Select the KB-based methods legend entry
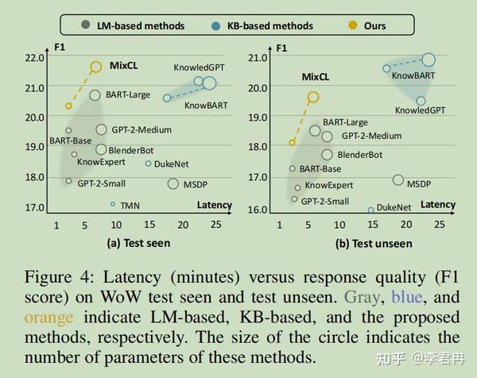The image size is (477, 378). point(258,25)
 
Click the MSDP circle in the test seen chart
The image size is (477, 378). point(173,184)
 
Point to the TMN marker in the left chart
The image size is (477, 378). point(114,204)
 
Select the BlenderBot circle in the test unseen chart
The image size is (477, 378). point(327,155)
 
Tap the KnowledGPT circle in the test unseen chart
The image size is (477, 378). point(421,101)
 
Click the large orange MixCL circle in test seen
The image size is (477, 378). point(96,67)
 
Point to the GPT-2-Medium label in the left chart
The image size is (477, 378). point(142,129)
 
